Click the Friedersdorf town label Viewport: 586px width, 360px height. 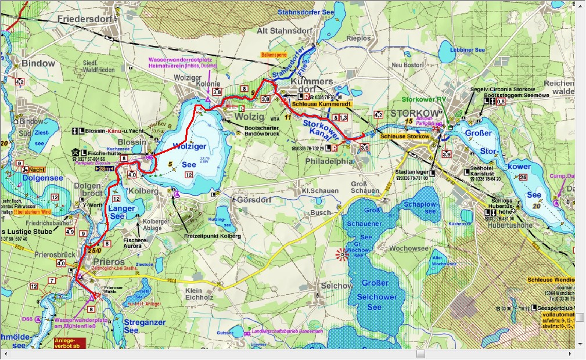click(85, 19)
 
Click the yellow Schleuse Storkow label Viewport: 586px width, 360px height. click(405, 136)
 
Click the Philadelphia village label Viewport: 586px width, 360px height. click(329, 161)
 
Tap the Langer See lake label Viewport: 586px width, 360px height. click(123, 212)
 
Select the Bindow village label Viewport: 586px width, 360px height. click(38, 63)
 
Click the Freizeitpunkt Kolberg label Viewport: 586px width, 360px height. click(213, 236)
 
